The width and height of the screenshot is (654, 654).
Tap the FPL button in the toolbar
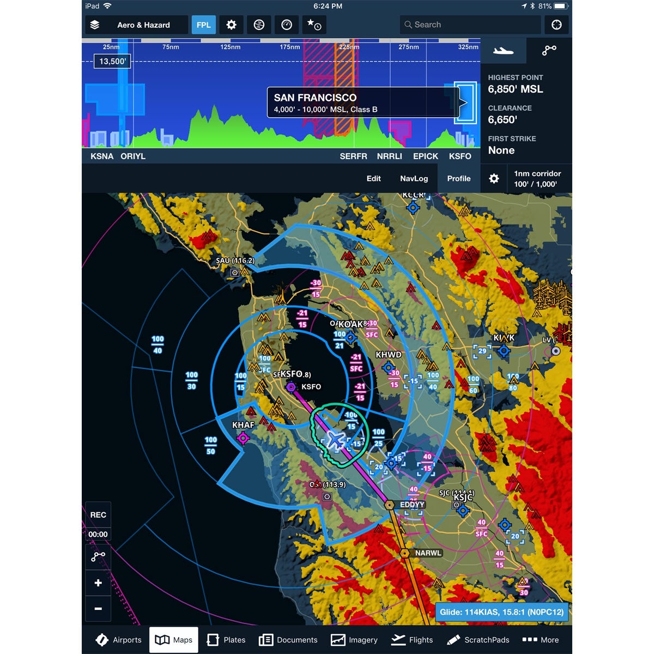[x=203, y=25]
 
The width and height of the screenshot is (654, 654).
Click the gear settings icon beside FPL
[x=232, y=25]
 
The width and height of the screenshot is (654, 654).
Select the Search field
[x=470, y=25]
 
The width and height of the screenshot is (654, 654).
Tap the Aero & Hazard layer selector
[x=136, y=25]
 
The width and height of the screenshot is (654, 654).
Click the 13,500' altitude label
[x=112, y=61]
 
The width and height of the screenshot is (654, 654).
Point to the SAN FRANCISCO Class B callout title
[x=315, y=98]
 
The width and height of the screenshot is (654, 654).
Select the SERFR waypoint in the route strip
[x=353, y=156]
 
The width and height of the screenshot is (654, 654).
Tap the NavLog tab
[x=414, y=178]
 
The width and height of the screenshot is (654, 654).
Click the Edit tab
[x=373, y=178]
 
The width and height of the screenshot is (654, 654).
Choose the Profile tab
[x=458, y=178]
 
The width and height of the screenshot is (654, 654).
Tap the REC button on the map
[x=98, y=515]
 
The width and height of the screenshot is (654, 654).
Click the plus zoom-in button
[x=98, y=583]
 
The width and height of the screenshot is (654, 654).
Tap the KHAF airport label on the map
[x=243, y=425]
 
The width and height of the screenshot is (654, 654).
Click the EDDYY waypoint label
[x=412, y=505]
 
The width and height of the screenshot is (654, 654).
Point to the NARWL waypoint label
[x=428, y=553]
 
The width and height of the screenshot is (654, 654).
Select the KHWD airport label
[x=388, y=355]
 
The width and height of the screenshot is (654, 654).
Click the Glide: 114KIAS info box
[x=501, y=612]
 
